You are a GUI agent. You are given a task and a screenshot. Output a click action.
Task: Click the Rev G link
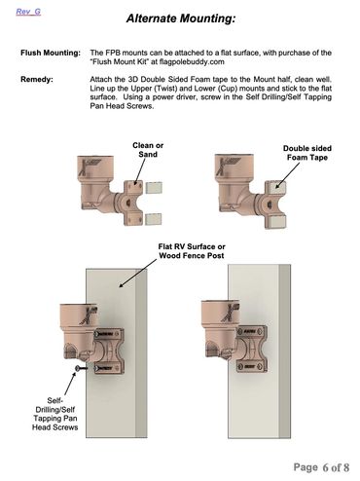coord(28,12)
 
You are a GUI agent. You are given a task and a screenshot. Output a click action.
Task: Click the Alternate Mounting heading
coord(181,18)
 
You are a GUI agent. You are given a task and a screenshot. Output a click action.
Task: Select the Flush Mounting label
coord(51,53)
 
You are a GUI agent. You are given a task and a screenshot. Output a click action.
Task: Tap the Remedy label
coord(37,79)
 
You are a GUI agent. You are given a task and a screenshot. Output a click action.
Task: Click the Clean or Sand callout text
coord(148,150)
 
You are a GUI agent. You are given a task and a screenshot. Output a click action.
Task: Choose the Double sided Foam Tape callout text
coord(307,153)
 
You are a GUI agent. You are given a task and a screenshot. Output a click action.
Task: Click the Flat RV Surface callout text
coord(192,251)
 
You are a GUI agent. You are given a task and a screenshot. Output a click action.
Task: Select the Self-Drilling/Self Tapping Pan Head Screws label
coord(54,414)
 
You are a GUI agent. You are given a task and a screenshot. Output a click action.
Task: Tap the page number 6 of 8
coord(321,467)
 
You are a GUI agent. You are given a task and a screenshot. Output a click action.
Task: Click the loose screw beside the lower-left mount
coord(81,368)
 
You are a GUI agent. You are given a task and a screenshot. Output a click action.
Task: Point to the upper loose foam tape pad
coord(154,188)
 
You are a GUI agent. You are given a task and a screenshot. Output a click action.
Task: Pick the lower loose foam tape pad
coord(154,219)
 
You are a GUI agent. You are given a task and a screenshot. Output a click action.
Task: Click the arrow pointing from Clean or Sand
coord(140,172)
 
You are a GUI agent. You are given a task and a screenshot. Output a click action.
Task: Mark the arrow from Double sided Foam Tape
coord(287,175)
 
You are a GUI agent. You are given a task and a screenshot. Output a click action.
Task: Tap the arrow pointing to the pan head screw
coord(69,384)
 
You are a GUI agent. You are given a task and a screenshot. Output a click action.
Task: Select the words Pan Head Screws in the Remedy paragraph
coord(122,106)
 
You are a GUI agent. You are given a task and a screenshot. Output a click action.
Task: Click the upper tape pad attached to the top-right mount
coord(276,188)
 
